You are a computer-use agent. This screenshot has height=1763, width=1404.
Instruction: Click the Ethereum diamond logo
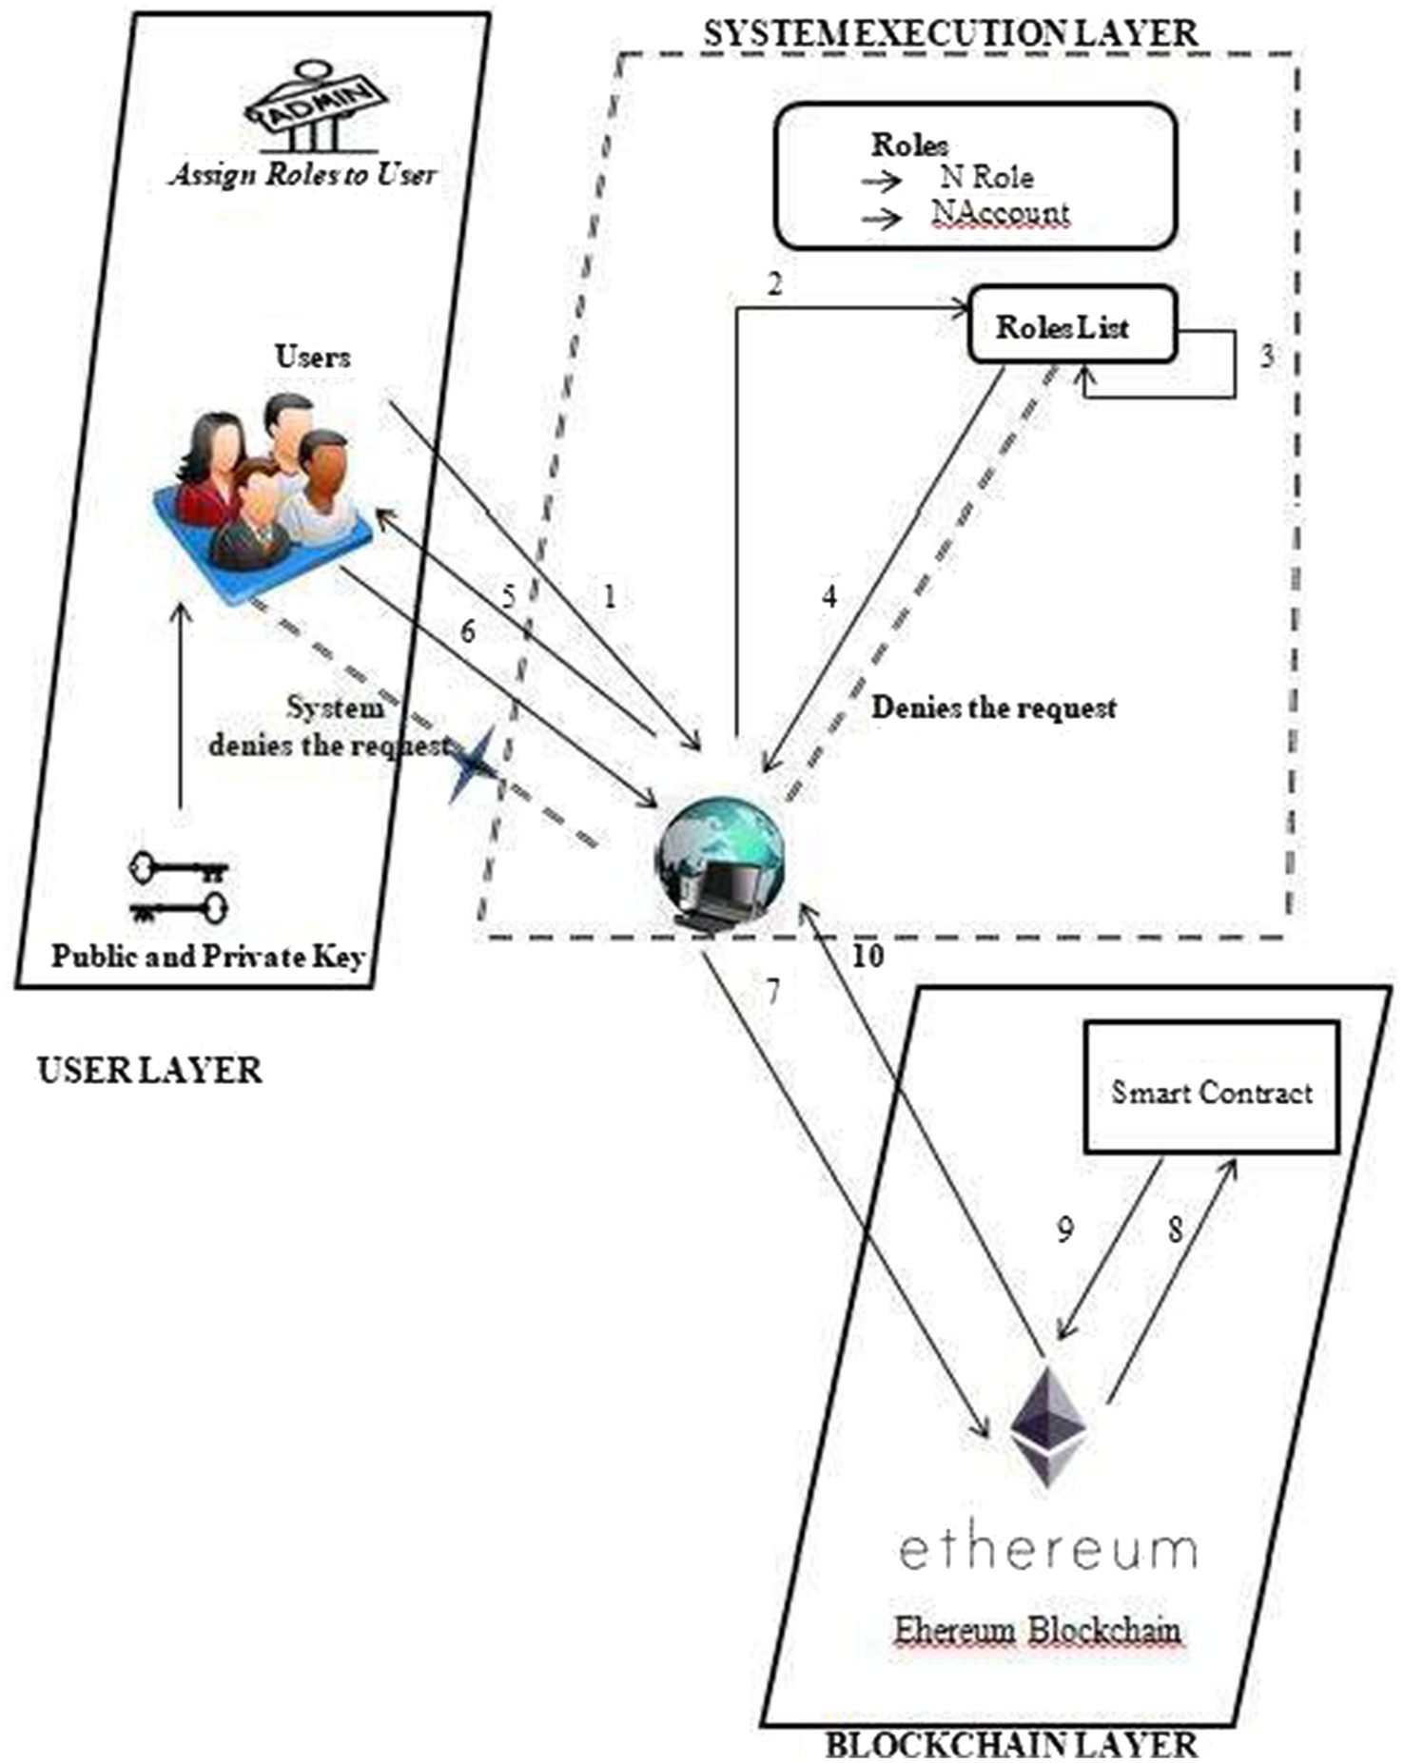click(1047, 1427)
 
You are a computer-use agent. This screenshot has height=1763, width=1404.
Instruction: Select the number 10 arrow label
click(867, 956)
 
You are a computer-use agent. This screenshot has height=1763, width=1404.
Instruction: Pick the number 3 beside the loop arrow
click(1266, 358)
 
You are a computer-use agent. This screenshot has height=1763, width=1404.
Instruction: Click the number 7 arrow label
click(772, 993)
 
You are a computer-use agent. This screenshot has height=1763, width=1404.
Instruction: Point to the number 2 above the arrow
click(775, 283)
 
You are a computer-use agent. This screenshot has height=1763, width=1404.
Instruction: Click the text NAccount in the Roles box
click(1001, 213)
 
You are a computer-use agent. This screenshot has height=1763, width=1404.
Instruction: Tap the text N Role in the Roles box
click(986, 177)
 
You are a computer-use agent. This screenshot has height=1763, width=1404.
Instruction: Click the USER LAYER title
click(149, 1071)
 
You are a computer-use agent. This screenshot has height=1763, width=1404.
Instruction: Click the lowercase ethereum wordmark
click(1047, 1550)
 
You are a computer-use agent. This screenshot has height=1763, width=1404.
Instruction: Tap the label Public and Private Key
click(207, 956)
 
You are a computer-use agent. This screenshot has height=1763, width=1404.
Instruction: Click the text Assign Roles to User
click(303, 174)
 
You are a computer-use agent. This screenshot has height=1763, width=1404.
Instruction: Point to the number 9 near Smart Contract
click(1065, 1230)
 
